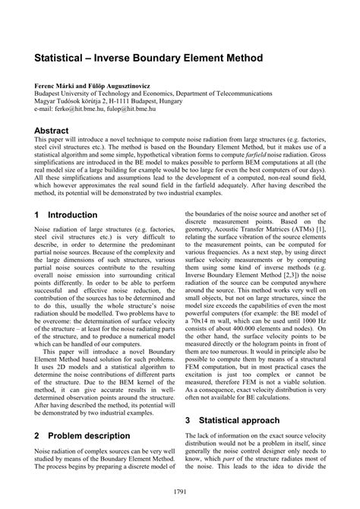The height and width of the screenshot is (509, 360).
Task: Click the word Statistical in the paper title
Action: click(63, 58)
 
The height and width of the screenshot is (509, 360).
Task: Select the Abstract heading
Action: click(57, 131)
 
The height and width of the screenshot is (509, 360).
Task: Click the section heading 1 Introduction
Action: click(66, 215)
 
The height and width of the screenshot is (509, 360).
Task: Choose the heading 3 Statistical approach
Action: click(238, 419)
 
